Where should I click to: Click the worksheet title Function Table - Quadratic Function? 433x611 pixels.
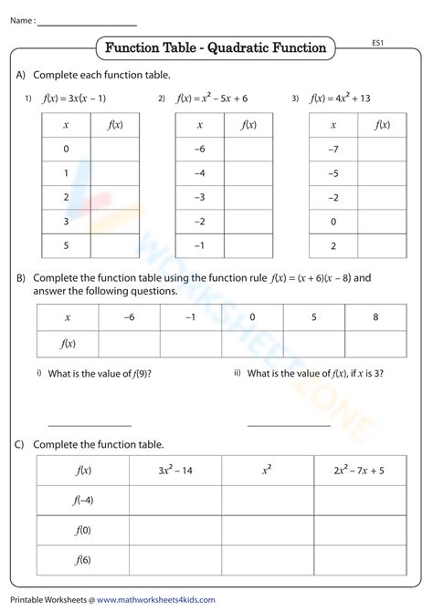click(216, 47)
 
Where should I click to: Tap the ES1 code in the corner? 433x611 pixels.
click(380, 43)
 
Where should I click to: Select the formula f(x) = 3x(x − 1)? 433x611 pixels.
click(75, 98)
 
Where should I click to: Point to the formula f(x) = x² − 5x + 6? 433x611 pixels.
click(213, 98)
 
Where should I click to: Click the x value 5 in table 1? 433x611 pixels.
click(66, 244)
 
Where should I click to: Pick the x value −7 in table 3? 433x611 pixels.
click(333, 148)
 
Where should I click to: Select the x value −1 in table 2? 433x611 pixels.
click(199, 244)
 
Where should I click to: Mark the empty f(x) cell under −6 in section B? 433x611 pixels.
click(129, 343)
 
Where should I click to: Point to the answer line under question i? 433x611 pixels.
click(90, 424)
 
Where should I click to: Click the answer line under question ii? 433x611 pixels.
click(289, 424)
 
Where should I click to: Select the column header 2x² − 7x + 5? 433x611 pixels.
click(359, 471)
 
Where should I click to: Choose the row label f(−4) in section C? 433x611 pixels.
click(82, 501)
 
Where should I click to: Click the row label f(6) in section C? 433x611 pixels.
click(82, 561)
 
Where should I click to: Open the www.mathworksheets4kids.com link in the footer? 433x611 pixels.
click(156, 600)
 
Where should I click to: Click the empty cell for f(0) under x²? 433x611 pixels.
click(267, 531)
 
